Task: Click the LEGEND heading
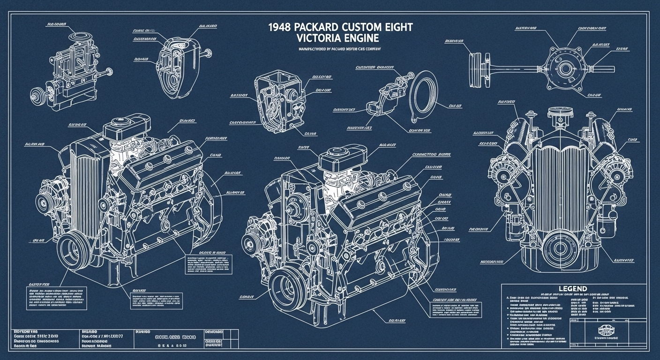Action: (x=573, y=288)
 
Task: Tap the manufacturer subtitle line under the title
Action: (x=340, y=49)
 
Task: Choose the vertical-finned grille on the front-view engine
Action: (x=562, y=187)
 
